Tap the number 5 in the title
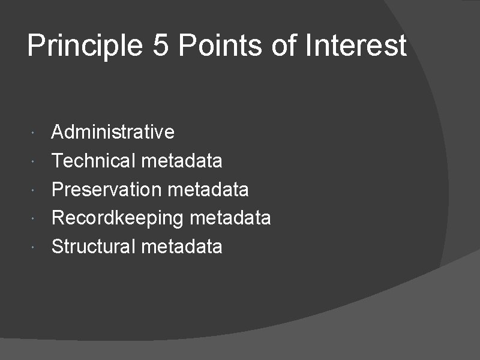pyautogui.click(x=161, y=46)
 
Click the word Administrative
pyautogui.click(x=113, y=131)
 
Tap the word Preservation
pyautogui.click(x=107, y=189)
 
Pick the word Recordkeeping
pyautogui.click(x=117, y=218)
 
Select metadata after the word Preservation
pyautogui.click(x=208, y=189)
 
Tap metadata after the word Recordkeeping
pyautogui.click(x=230, y=218)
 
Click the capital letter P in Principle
pyautogui.click(x=36, y=46)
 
